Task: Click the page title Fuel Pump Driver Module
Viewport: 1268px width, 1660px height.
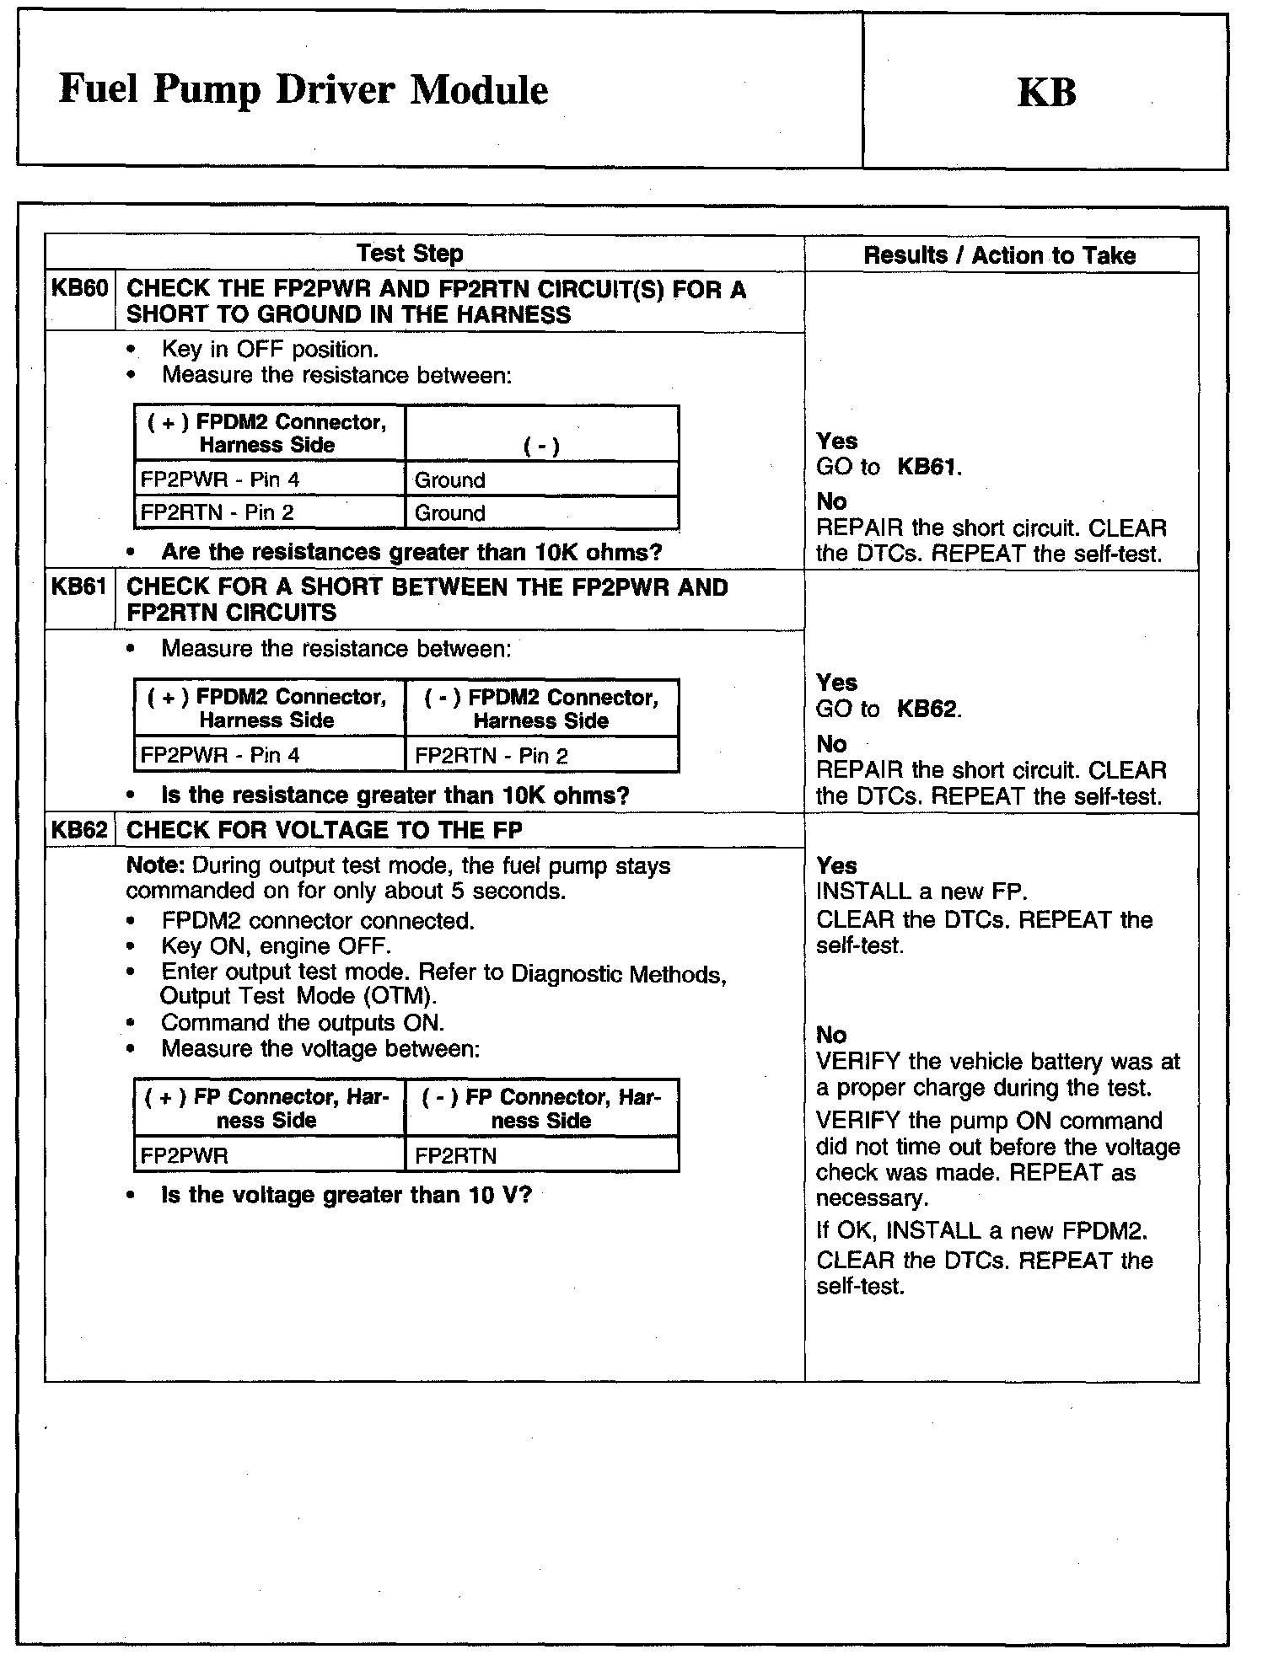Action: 304,90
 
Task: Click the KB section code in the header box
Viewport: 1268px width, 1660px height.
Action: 1046,93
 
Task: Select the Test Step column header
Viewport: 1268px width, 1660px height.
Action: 410,254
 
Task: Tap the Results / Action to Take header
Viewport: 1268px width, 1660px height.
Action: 1000,256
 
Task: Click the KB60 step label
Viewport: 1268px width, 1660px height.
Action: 79,289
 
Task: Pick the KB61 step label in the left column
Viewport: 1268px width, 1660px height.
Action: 79,586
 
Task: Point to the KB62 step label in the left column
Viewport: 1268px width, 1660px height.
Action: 79,830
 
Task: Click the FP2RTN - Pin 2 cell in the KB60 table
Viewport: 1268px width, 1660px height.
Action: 218,513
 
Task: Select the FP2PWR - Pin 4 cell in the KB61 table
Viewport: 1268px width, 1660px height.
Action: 220,755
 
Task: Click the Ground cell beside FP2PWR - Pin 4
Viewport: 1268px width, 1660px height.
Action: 450,480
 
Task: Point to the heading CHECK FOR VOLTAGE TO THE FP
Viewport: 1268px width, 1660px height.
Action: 325,831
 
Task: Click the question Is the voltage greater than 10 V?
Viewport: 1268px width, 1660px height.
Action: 347,1196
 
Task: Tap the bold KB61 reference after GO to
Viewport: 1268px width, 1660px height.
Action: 927,468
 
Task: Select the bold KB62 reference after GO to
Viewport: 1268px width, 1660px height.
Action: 927,710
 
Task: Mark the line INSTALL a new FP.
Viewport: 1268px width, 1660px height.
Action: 921,892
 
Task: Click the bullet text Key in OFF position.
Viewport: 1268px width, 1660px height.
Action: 270,350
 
